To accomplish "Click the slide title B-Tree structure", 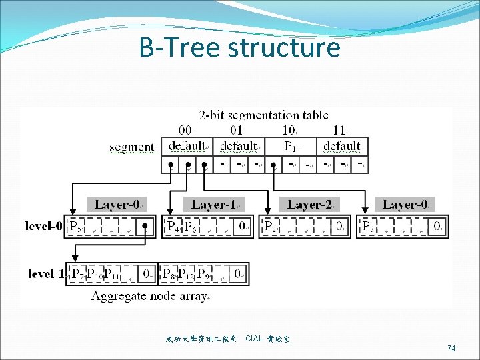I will [x=239, y=47].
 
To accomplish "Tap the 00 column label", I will [x=187, y=130].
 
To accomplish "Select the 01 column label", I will [x=237, y=130].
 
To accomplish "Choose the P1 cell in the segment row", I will [x=291, y=146].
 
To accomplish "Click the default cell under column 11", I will [x=342, y=146].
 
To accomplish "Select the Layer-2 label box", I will [x=311, y=205].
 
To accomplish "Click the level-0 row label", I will [x=44, y=227].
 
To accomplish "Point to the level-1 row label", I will [x=47, y=273].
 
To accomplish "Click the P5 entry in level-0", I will [x=76, y=227].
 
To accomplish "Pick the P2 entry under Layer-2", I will [x=271, y=227].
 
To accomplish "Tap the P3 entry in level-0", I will [x=367, y=227].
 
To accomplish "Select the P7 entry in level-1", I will [x=78, y=273].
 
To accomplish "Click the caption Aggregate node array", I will [x=150, y=295].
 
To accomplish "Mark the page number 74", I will [x=451, y=349].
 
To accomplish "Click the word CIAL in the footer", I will [x=254, y=339].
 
